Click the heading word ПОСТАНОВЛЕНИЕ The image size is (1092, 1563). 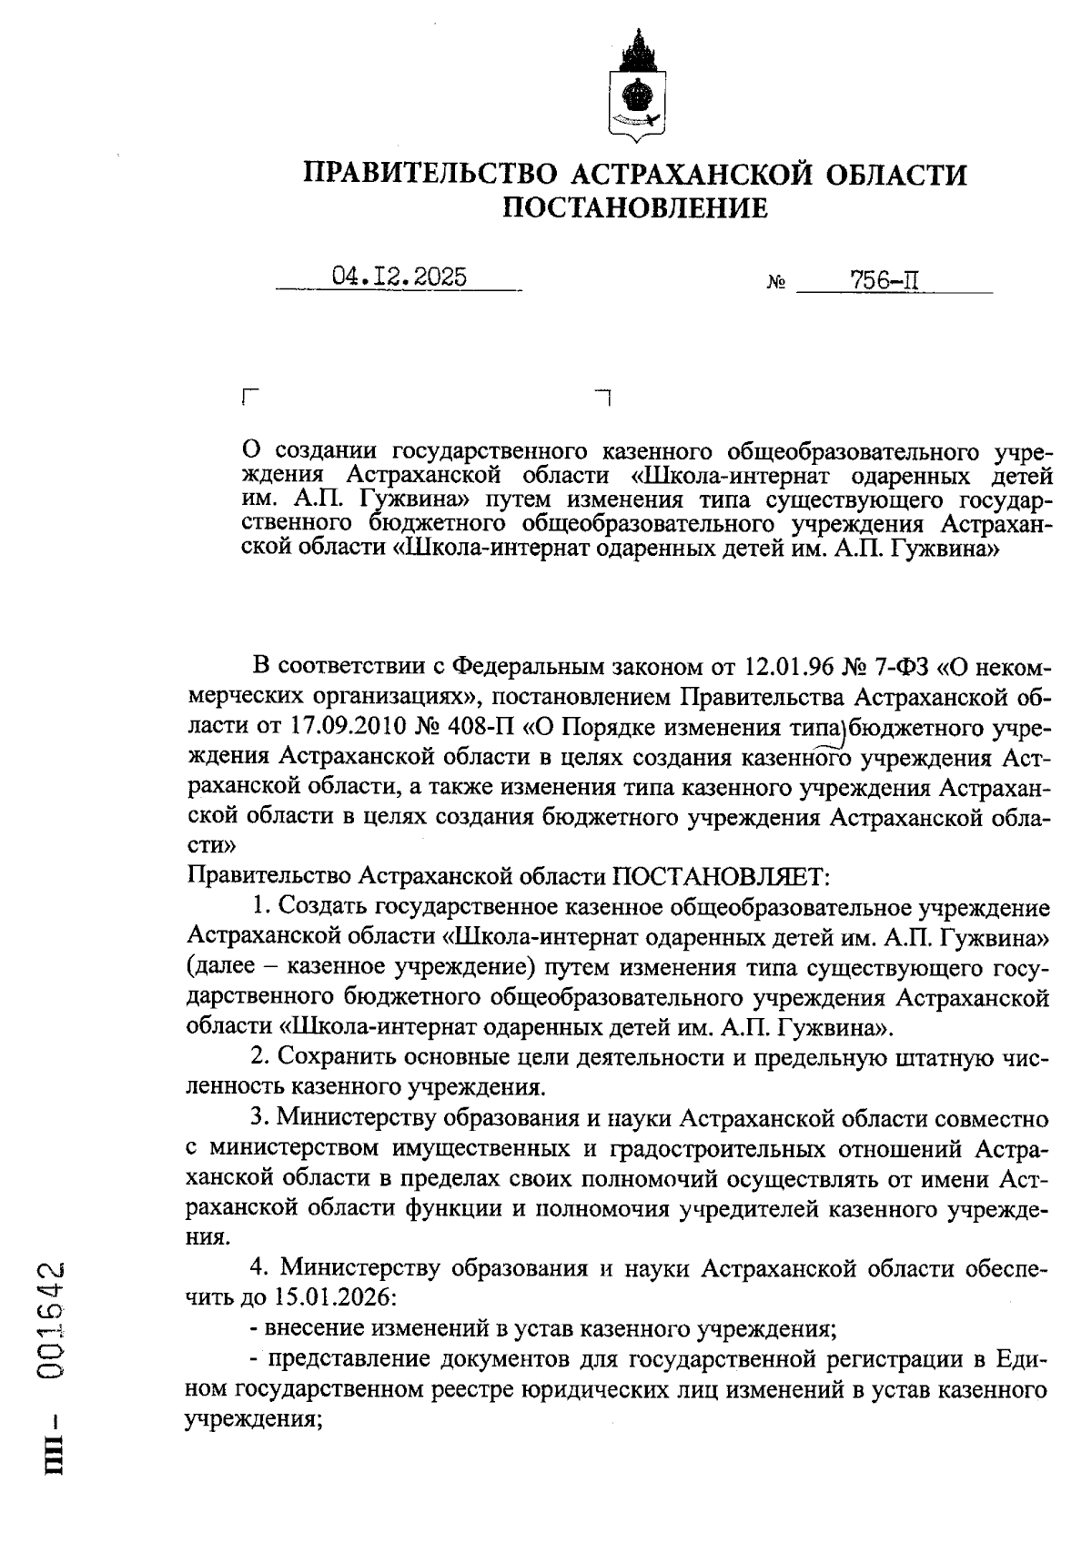pos(636,208)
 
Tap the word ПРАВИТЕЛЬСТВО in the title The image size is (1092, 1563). pos(428,173)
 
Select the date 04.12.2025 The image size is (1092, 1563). pos(399,277)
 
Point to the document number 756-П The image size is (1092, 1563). pos(884,280)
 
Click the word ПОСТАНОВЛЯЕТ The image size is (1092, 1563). pos(720,876)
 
